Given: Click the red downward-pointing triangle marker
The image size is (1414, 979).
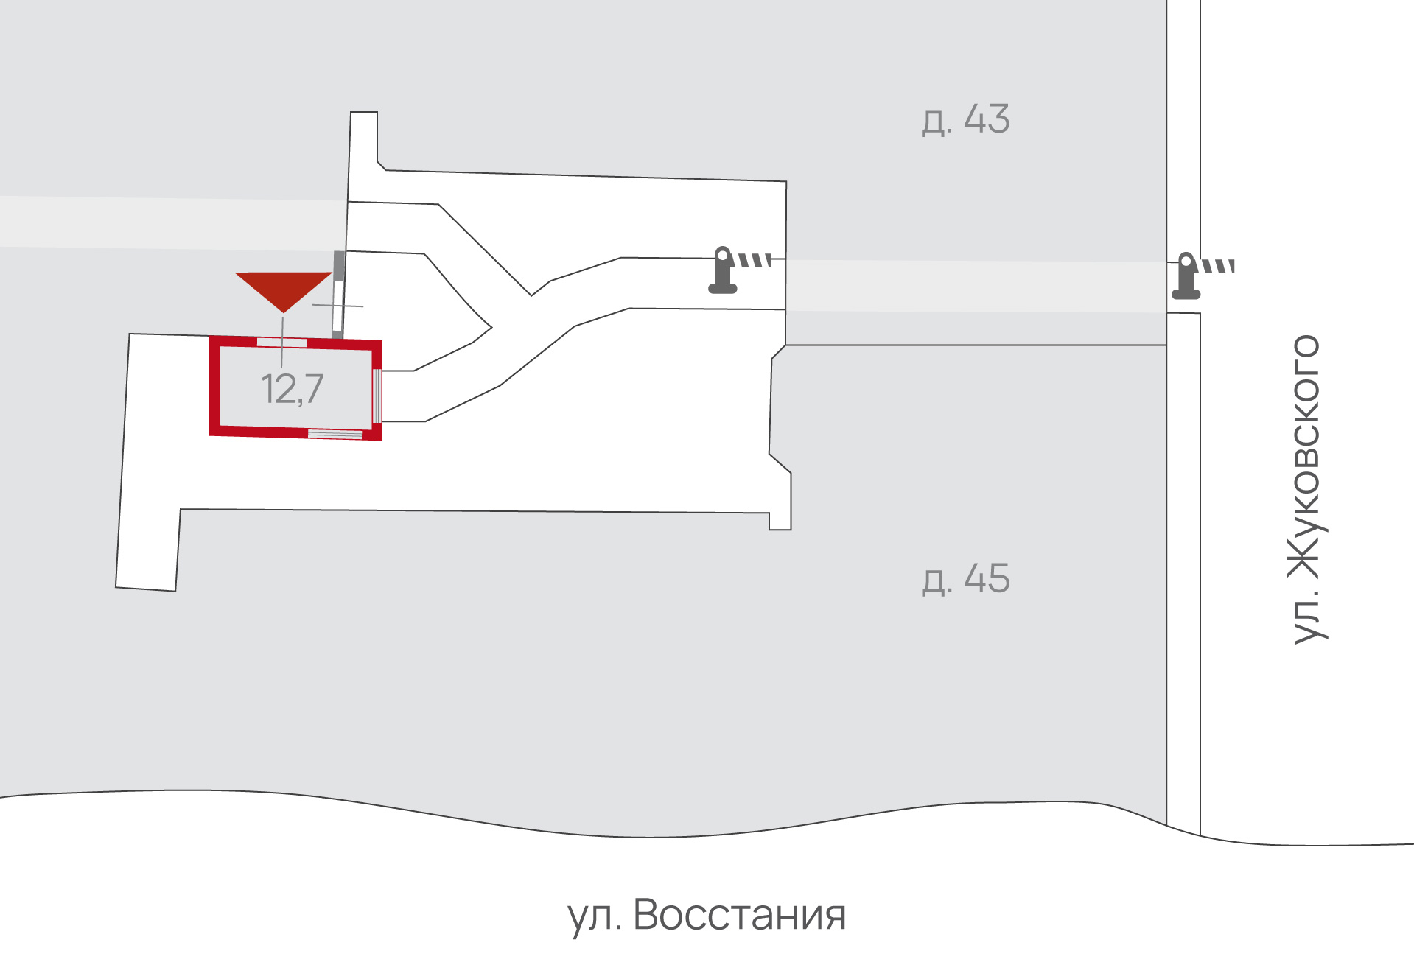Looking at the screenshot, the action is (284, 289).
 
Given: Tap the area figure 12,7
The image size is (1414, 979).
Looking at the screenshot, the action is (292, 389).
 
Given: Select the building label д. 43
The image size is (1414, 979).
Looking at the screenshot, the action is (965, 119).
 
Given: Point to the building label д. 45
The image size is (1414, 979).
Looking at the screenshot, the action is (965, 579).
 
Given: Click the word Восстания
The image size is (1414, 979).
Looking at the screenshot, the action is (739, 915).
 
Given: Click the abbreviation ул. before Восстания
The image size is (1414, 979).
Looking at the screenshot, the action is (594, 918).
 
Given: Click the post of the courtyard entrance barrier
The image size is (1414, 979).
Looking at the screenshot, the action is (723, 270).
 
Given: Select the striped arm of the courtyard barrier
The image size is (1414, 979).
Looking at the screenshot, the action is (755, 260).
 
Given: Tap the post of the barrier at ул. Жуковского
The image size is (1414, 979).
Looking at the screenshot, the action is (1186, 276).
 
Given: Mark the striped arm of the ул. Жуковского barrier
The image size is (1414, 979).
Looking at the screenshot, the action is (1218, 266).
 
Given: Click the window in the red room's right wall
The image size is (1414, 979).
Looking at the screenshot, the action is (377, 396).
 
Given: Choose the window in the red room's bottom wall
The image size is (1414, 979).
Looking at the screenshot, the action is (335, 435).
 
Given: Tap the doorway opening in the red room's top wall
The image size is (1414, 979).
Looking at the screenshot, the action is (282, 343).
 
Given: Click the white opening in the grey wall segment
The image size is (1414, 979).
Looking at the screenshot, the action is (337, 306).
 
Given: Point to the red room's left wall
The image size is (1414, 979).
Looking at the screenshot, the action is (214, 385).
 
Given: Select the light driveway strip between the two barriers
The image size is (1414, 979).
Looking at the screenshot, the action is (976, 286).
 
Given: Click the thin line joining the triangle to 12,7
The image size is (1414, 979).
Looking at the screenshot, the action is (282, 341).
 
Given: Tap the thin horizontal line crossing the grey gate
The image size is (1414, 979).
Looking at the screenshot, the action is (337, 306).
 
